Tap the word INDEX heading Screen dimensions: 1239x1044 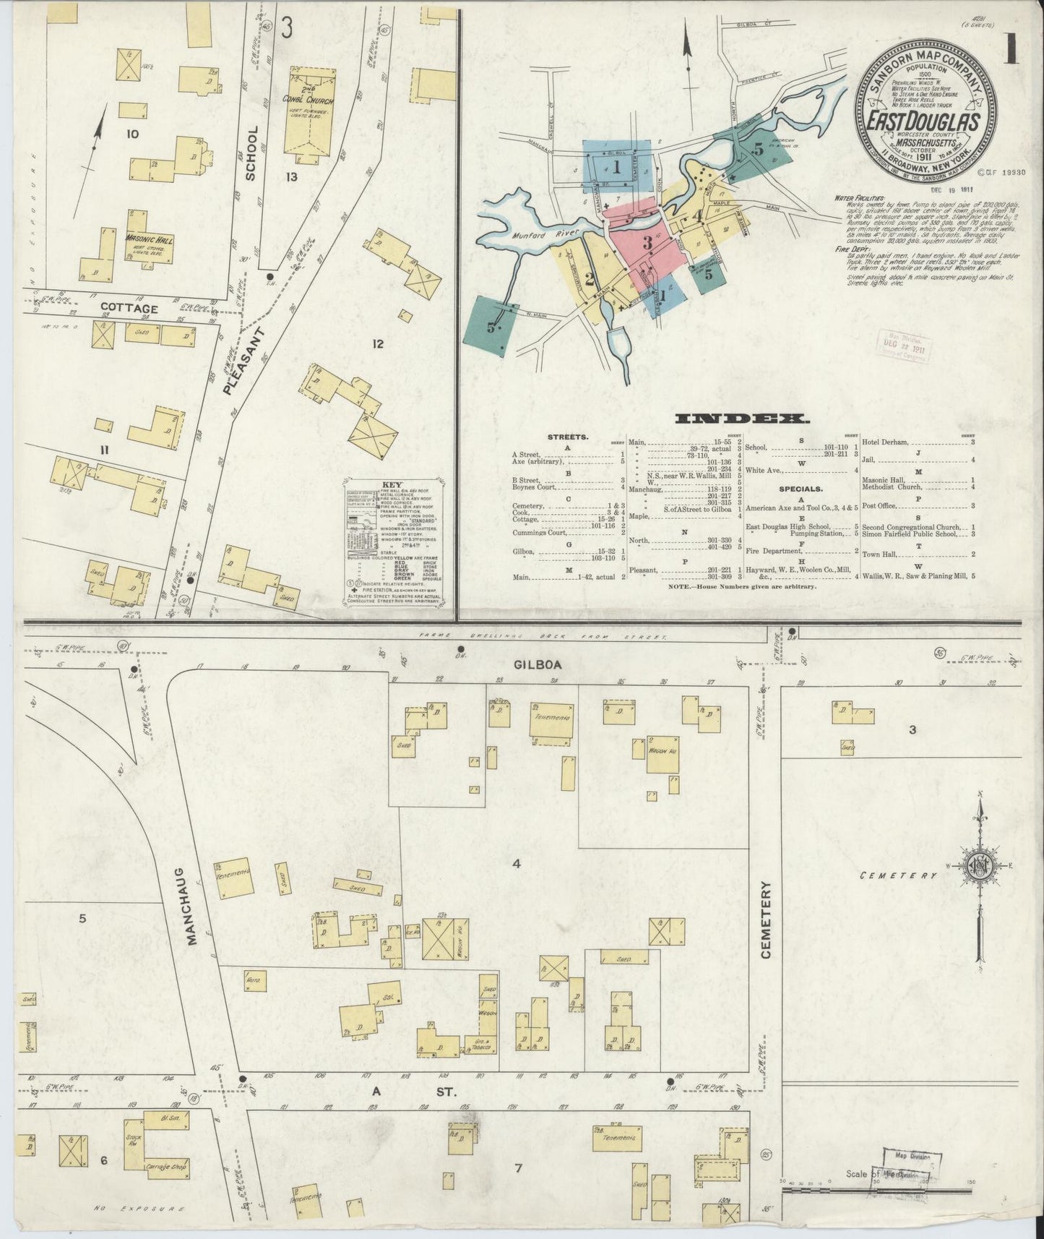pyautogui.click(x=742, y=418)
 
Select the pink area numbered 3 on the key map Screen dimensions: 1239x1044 pyautogui.click(x=647, y=244)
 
